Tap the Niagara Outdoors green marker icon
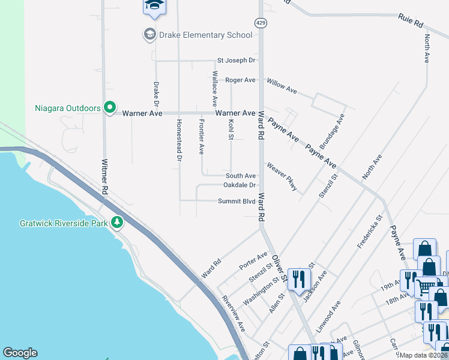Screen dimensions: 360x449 point(109,108)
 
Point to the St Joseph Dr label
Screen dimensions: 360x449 point(237,61)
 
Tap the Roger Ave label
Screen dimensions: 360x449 point(241,80)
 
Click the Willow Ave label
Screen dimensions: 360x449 point(282,86)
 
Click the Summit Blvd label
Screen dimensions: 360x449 point(237,202)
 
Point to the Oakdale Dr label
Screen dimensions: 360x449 point(240,185)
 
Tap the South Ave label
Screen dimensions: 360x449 point(241,176)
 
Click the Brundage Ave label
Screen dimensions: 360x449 point(332,131)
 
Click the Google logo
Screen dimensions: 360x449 point(20,353)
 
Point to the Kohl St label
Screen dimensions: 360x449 point(231,130)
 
